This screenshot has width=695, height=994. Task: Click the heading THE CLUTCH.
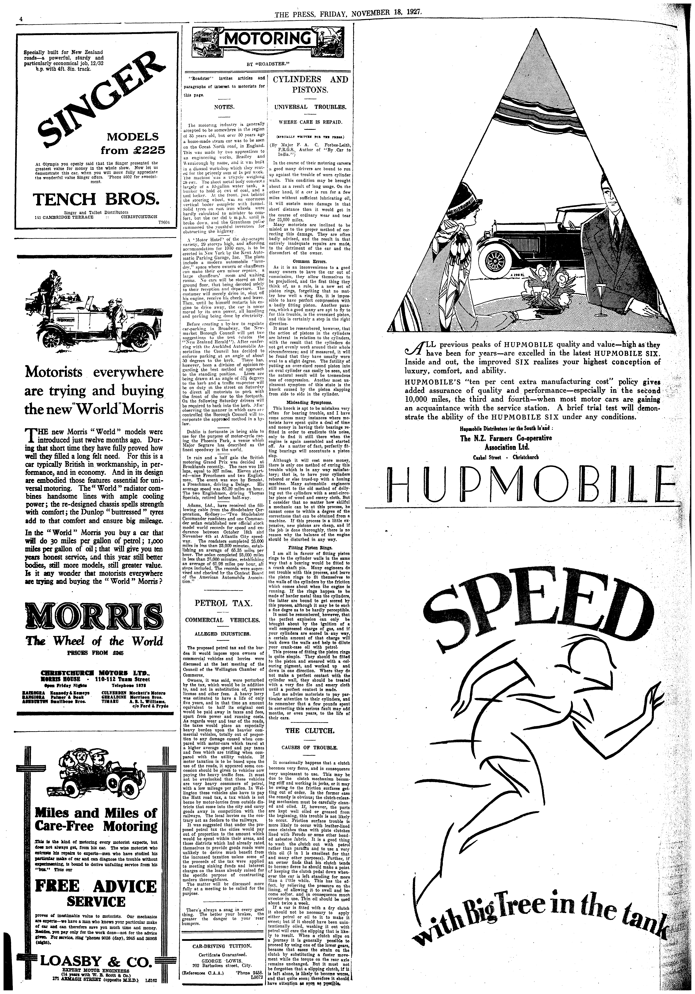[309, 731]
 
